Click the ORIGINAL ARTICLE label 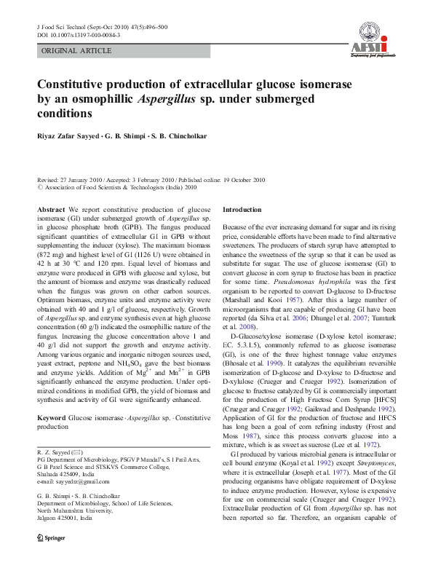[x=76, y=51]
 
